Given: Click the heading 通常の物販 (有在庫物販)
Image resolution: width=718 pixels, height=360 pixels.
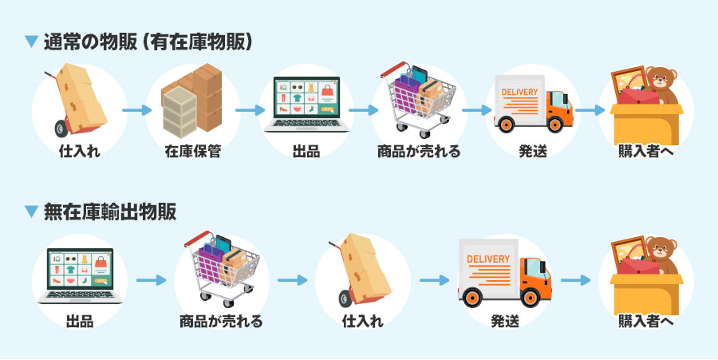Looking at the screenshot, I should (x=148, y=42).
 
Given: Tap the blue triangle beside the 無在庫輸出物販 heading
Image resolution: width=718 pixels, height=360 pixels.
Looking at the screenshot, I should (x=32, y=212).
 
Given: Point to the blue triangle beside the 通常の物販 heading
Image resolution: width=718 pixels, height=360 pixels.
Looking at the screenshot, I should (x=32, y=42).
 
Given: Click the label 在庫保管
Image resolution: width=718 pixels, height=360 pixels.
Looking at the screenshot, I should (x=192, y=150).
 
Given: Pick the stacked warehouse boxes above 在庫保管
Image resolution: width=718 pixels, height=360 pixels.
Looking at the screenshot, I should (x=192, y=100).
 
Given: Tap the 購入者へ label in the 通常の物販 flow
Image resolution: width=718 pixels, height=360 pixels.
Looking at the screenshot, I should (x=646, y=150).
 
